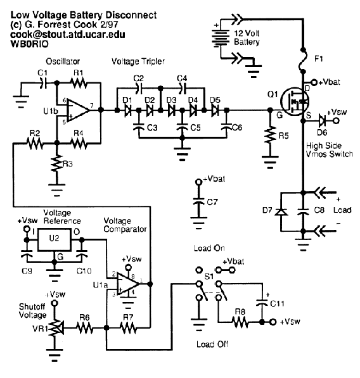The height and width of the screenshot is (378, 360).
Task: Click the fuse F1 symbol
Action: pos(303,61)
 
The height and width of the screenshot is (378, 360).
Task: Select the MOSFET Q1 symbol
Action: pos(295,102)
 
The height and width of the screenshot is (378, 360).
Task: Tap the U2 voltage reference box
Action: pos(55,239)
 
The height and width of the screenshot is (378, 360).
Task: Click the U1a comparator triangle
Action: pos(128,284)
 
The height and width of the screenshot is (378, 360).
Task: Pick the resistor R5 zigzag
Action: pos(270,135)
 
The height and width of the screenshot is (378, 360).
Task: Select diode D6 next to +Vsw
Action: pos(322,120)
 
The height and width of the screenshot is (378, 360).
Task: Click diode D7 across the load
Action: pos(281,212)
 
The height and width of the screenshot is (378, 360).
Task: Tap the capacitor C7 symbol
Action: pos(198,201)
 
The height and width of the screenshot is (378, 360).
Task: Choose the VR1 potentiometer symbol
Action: pos(56,328)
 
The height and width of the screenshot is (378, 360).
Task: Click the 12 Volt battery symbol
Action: pos(220,37)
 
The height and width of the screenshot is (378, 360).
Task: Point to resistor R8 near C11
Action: pos(240,322)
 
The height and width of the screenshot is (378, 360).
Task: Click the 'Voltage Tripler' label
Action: pos(138,61)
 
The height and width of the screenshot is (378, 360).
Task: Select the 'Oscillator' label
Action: pos(63,61)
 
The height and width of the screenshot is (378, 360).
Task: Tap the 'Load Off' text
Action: pos(212,344)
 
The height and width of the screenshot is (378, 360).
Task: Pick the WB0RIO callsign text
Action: pos(29,44)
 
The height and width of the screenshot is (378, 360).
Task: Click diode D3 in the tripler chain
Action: pos(172,110)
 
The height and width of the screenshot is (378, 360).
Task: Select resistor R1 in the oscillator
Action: pos(79,83)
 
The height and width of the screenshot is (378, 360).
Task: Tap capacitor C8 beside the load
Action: pos(303,211)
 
